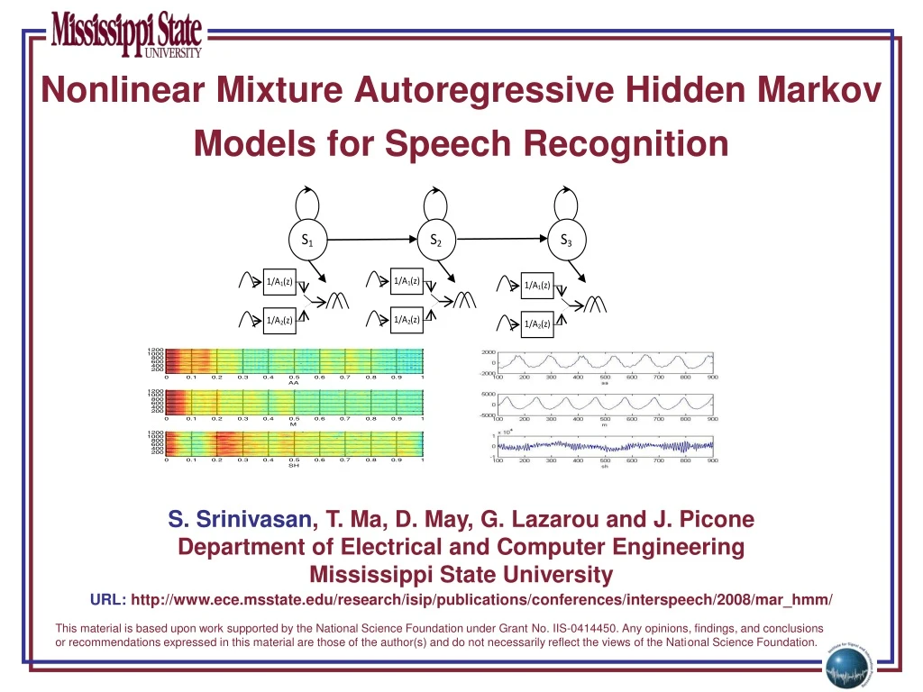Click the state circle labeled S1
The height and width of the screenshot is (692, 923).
[x=307, y=240]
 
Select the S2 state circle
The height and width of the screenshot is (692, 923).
[x=435, y=240]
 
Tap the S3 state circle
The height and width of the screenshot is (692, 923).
[x=566, y=240]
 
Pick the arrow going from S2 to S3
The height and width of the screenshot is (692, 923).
[x=500, y=241]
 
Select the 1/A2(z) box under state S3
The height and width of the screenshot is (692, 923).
[x=537, y=324]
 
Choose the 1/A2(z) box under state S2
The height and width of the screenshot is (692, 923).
[x=407, y=320]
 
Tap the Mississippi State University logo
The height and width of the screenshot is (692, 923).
[x=127, y=34]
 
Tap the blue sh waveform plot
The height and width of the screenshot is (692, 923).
[x=604, y=445]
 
